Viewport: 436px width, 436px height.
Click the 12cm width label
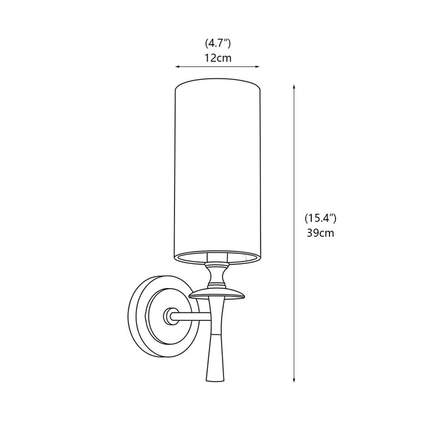pos(218,58)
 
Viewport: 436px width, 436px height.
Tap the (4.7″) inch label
pos(218,44)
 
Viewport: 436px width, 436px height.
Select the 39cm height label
pos(320,233)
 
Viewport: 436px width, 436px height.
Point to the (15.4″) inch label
pos(320,218)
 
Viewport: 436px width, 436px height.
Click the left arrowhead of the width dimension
pos(177,67)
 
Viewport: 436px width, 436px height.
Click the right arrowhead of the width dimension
pos(257,67)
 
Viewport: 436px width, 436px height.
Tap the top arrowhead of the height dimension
pos(294,87)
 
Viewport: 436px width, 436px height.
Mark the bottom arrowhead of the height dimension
pos(294,380)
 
